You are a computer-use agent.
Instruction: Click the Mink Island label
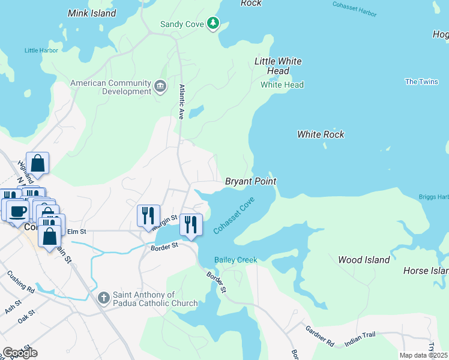[92, 13]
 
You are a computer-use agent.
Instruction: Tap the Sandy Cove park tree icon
[212, 23]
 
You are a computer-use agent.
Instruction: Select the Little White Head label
[278, 66]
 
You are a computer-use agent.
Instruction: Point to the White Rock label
[321, 134]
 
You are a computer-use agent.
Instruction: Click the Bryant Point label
[250, 181]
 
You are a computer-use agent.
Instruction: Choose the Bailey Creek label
[236, 260]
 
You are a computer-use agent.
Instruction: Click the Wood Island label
[364, 260]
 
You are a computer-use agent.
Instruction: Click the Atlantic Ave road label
[181, 101]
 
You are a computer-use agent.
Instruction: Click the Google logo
[20, 353]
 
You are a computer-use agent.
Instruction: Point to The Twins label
[421, 82]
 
